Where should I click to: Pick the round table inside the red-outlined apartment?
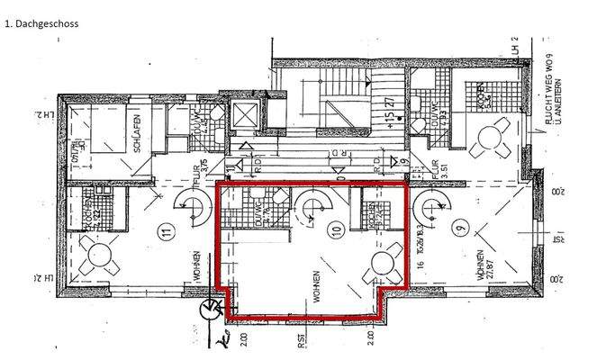[x=385, y=267]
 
